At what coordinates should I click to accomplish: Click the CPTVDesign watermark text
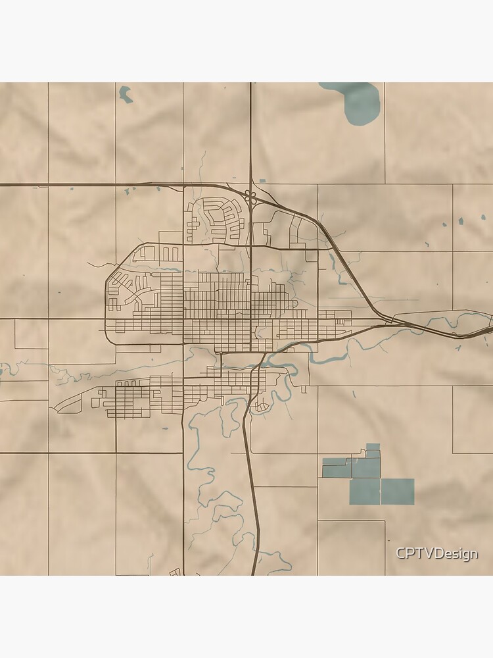(436, 554)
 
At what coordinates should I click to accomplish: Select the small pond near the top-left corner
(125, 95)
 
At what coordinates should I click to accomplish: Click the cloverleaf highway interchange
(250, 195)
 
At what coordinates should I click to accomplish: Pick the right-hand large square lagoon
(398, 492)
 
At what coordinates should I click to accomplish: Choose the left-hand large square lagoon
(365, 492)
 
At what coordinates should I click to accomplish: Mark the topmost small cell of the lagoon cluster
(373, 447)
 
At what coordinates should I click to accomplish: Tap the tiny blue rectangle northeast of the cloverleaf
(262, 180)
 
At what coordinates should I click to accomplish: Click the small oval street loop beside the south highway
(261, 407)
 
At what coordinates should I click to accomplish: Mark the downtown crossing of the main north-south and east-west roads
(250, 320)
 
